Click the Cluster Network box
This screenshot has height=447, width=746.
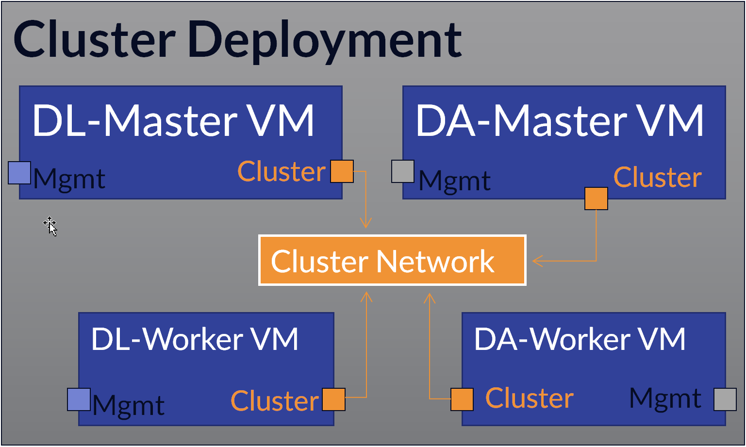click(x=392, y=261)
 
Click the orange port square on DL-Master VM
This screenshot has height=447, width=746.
click(x=342, y=171)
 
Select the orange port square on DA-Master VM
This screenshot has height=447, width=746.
click(x=596, y=199)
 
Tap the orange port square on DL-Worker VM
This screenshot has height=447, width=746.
click(x=333, y=399)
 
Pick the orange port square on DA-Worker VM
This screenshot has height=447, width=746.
click(x=462, y=399)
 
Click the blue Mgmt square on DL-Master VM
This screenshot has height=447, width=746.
click(x=19, y=173)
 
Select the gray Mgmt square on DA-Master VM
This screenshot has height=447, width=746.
click(x=403, y=171)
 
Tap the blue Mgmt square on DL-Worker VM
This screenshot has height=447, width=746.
click(x=79, y=399)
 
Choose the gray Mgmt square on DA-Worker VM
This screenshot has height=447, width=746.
click(x=725, y=399)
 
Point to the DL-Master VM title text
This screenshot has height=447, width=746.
click(x=173, y=120)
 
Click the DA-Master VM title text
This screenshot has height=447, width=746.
click(x=560, y=120)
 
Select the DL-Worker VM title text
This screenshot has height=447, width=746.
click(x=195, y=339)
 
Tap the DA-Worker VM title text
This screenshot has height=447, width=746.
click(x=580, y=339)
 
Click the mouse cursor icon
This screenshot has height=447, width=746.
click(x=50, y=226)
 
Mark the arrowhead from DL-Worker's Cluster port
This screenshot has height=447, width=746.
click(x=366, y=297)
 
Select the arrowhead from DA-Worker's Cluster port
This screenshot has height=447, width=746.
click(x=430, y=298)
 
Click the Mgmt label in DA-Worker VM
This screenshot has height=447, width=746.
click(x=665, y=399)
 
